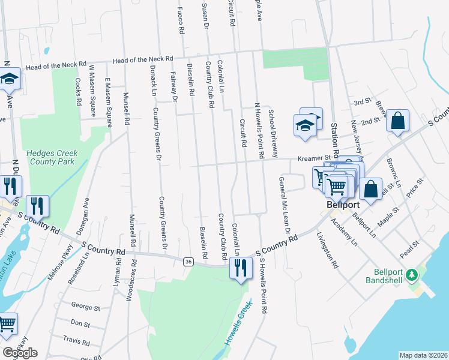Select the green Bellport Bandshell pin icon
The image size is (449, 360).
coord(411,275)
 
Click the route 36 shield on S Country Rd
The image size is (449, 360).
coord(188,260)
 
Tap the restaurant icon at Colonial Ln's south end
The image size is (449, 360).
coord(241,267)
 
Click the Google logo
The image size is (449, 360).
coord(20,352)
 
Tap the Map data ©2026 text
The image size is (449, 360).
coord(423,355)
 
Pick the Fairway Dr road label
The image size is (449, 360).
coord(173,86)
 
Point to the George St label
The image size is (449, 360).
coord(85,308)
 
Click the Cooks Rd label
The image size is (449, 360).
coord(79,92)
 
